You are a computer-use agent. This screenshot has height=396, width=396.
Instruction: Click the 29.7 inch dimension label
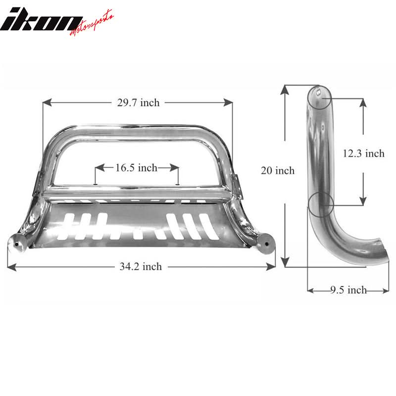tap(139, 103)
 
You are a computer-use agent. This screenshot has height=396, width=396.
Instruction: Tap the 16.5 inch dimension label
tap(137, 168)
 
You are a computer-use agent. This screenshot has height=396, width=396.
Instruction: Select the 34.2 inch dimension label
tap(141, 266)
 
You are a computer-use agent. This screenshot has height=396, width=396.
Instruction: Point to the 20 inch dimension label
tap(278, 170)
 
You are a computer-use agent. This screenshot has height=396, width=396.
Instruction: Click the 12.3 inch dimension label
tap(363, 153)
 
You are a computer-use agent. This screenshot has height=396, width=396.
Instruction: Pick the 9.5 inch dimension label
tap(348, 290)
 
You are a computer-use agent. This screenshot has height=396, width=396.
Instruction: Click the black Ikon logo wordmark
tap(42, 21)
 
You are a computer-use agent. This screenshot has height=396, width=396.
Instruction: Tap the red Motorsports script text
tap(92, 23)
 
